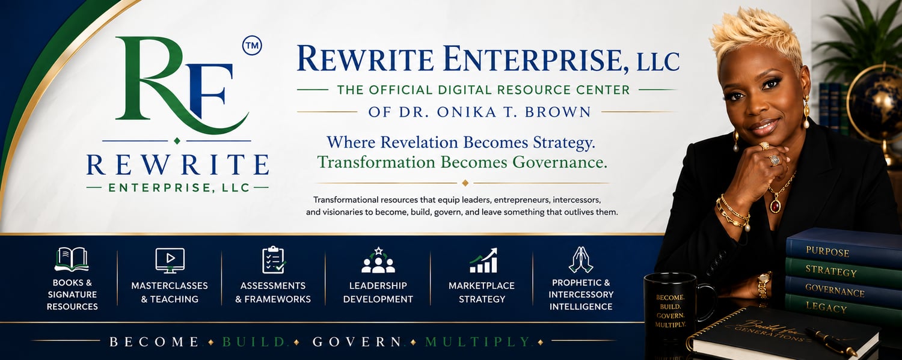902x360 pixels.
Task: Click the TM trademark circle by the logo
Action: click(x=252, y=46)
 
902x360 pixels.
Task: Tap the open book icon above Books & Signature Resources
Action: click(x=72, y=259)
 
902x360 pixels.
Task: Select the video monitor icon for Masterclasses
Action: click(x=170, y=261)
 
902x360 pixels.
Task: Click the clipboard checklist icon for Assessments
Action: click(x=274, y=260)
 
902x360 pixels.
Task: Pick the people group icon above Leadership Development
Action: click(x=378, y=260)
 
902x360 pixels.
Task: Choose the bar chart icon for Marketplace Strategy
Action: click(x=483, y=260)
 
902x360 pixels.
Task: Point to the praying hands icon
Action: click(x=581, y=260)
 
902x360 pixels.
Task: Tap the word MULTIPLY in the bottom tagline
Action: click(x=477, y=342)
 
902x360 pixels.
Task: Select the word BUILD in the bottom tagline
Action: click(x=253, y=342)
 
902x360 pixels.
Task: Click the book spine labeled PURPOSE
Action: click(x=844, y=249)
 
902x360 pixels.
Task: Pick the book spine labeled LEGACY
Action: click(x=844, y=308)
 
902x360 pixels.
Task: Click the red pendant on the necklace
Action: click(x=776, y=206)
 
